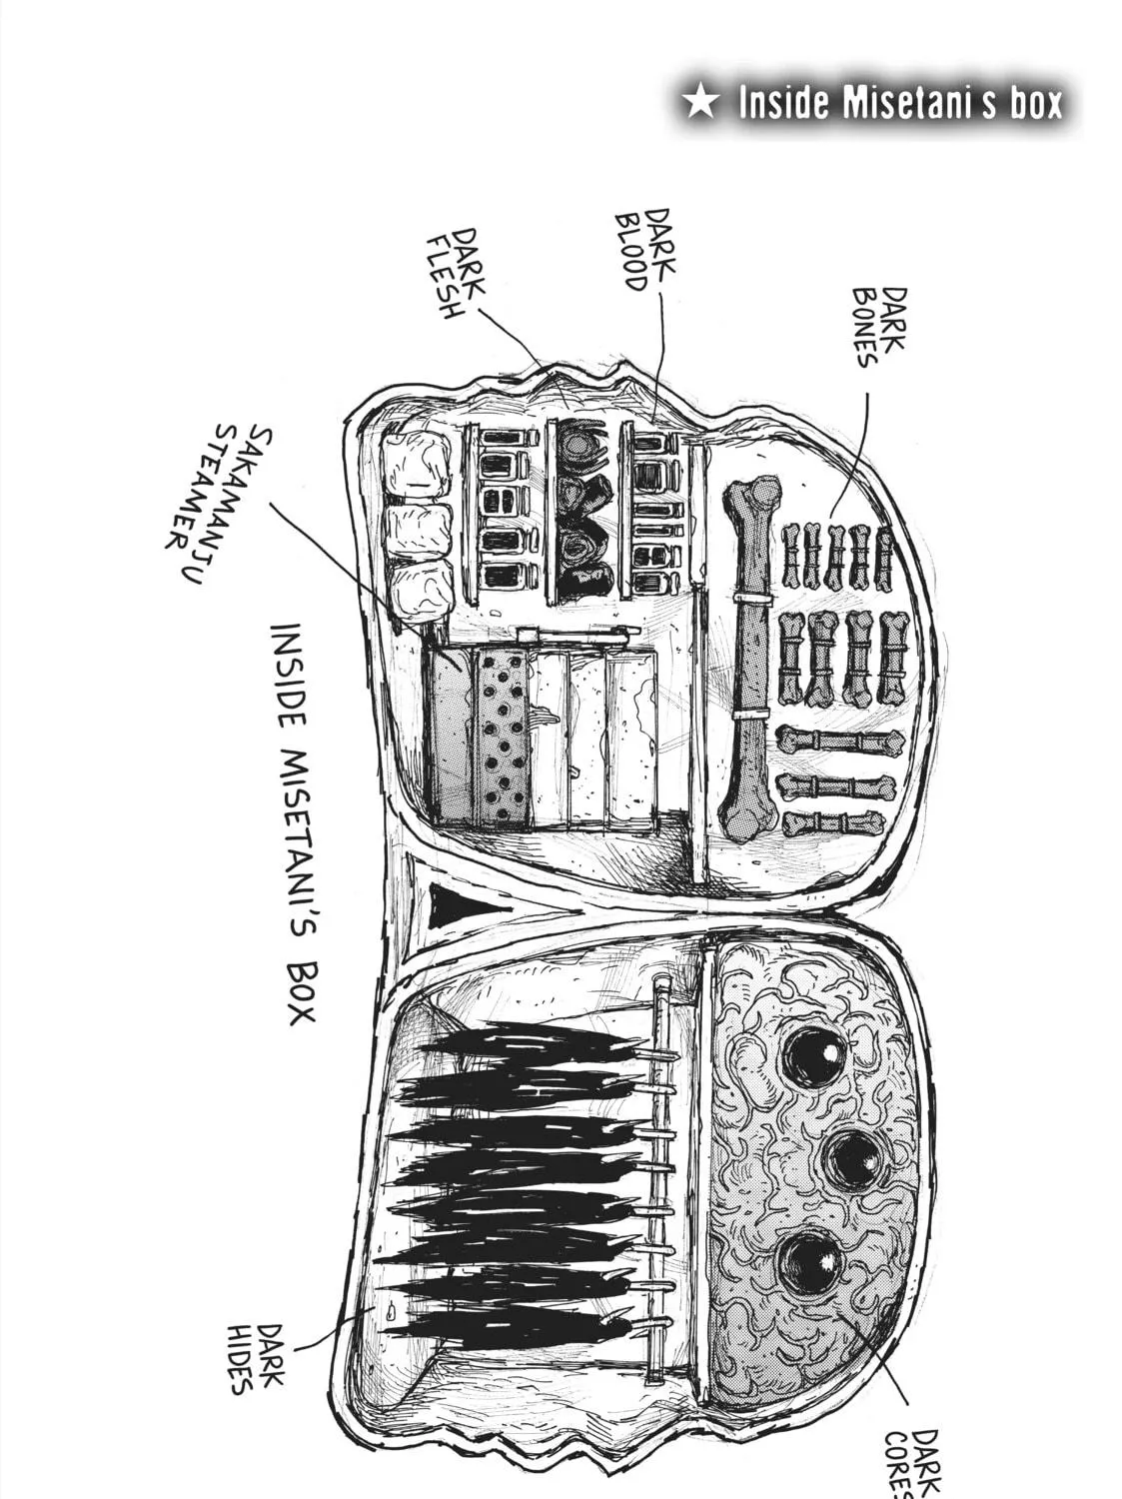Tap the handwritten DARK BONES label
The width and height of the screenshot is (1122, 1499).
click(x=881, y=327)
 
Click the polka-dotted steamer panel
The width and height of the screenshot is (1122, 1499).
click(x=501, y=738)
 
